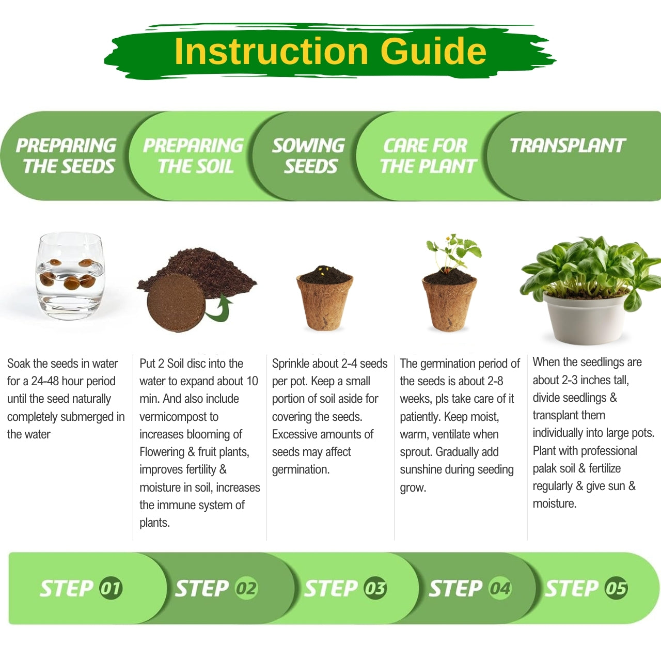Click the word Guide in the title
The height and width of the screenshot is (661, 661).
[433, 51]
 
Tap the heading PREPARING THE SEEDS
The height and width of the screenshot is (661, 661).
[66, 156]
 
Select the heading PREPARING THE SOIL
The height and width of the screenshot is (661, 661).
[194, 156]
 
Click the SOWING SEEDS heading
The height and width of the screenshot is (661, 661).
[309, 156]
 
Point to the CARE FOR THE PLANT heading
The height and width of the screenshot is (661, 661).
[429, 156]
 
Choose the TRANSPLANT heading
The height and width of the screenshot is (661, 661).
[568, 146]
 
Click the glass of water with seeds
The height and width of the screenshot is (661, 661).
[70, 276]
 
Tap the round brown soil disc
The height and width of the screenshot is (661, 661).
[176, 302]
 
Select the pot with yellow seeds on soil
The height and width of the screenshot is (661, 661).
[324, 298]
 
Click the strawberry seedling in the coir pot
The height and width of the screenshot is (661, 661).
[449, 283]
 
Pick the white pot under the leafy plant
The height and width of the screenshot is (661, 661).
[586, 317]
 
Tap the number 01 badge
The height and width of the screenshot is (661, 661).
[111, 588]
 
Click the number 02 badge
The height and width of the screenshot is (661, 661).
[246, 588]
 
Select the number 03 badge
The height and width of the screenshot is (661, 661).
[375, 588]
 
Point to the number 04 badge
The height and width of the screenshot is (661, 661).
[500, 588]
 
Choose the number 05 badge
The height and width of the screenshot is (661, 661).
[616, 588]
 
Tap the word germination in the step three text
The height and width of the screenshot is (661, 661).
[301, 469]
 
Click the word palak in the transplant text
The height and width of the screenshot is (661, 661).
[544, 468]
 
